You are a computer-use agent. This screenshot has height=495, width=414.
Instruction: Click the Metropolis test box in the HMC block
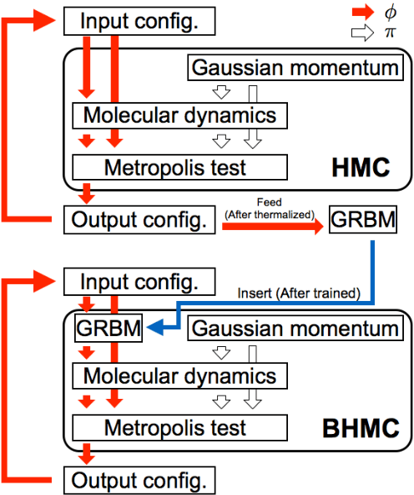point(174,167)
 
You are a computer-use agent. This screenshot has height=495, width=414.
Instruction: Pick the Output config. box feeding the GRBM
point(138,221)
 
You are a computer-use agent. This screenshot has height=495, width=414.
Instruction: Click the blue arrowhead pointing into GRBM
point(149,329)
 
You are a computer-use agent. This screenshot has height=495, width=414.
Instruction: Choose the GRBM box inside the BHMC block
point(106,329)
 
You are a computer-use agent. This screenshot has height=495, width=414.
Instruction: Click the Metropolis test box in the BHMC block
point(174,429)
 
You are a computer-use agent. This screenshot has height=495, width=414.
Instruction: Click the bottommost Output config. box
point(138,481)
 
